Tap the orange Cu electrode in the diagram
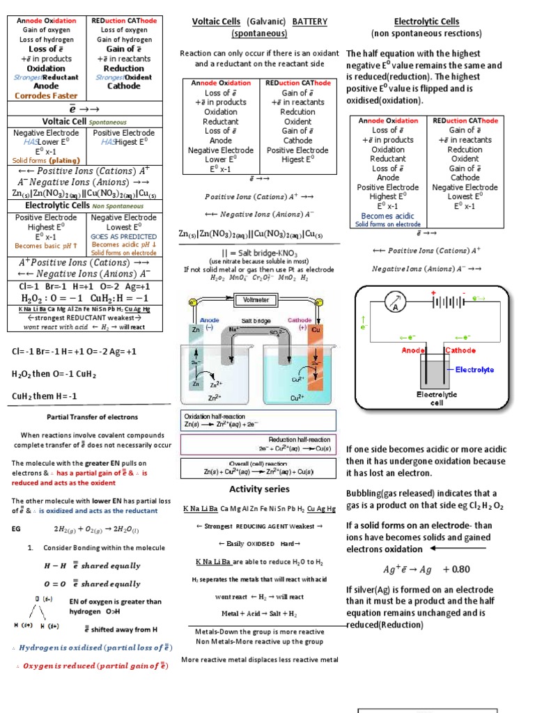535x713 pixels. pos(316,355)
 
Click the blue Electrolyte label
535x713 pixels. pos(475,370)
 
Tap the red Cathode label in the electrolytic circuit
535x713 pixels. pos(460,350)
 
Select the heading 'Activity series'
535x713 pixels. pos(258,489)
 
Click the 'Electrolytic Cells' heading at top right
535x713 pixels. pos(426,22)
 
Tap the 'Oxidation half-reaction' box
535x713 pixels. pos(258,420)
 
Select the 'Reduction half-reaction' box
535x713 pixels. pos(258,444)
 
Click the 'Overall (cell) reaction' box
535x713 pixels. pos(258,468)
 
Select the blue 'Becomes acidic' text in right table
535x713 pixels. pos(387,216)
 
